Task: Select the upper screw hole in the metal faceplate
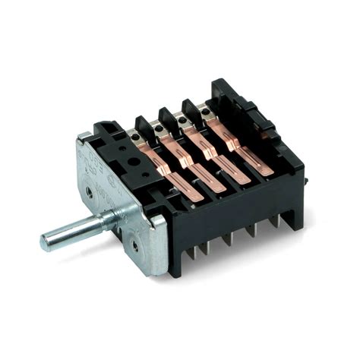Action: pos(90,191)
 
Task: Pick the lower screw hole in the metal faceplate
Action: pos(134,245)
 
